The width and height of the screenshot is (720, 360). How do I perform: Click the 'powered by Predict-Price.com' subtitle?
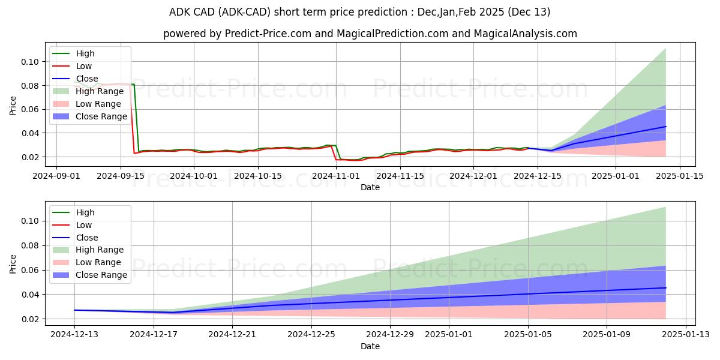click(x=370, y=34)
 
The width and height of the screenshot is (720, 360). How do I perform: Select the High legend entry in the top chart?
click(x=85, y=53)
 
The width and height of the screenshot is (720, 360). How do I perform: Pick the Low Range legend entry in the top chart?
click(x=98, y=104)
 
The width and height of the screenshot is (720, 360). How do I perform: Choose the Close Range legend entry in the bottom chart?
click(x=101, y=275)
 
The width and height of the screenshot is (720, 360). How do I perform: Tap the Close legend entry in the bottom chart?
click(x=87, y=238)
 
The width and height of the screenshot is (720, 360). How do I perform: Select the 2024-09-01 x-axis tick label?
click(x=56, y=176)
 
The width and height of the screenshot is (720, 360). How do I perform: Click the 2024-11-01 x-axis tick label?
click(x=336, y=176)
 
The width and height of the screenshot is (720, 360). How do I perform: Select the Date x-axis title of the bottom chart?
click(x=370, y=346)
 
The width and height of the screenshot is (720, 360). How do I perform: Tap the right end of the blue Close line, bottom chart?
click(x=665, y=288)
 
